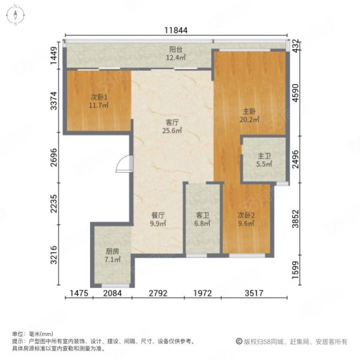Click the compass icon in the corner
pyautogui.click(x=16, y=15)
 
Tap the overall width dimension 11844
pyautogui.click(x=176, y=31)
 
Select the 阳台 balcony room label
pyautogui.click(x=176, y=49)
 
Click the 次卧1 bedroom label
pyautogui.click(x=99, y=98)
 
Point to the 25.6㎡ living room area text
pyautogui.click(x=172, y=130)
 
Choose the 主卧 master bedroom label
pyautogui.click(x=250, y=112)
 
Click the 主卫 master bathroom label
pyautogui.click(x=264, y=156)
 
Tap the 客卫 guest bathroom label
pyautogui.click(x=202, y=215)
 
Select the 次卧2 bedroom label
pyautogui.click(x=246, y=215)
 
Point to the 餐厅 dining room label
pyautogui.click(x=158, y=215)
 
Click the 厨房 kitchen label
pyautogui.click(x=112, y=251)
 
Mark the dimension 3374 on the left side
pyautogui.click(x=54, y=101)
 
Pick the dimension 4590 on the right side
pyautogui.click(x=296, y=93)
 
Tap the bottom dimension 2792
pyautogui.click(x=158, y=293)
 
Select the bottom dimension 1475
pyautogui.click(x=79, y=293)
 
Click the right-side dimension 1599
pyautogui.click(x=296, y=270)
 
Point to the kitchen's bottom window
pyautogui.click(x=115, y=286)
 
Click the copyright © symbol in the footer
pyautogui.click(x=239, y=341)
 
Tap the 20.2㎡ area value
pyautogui.click(x=250, y=119)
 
